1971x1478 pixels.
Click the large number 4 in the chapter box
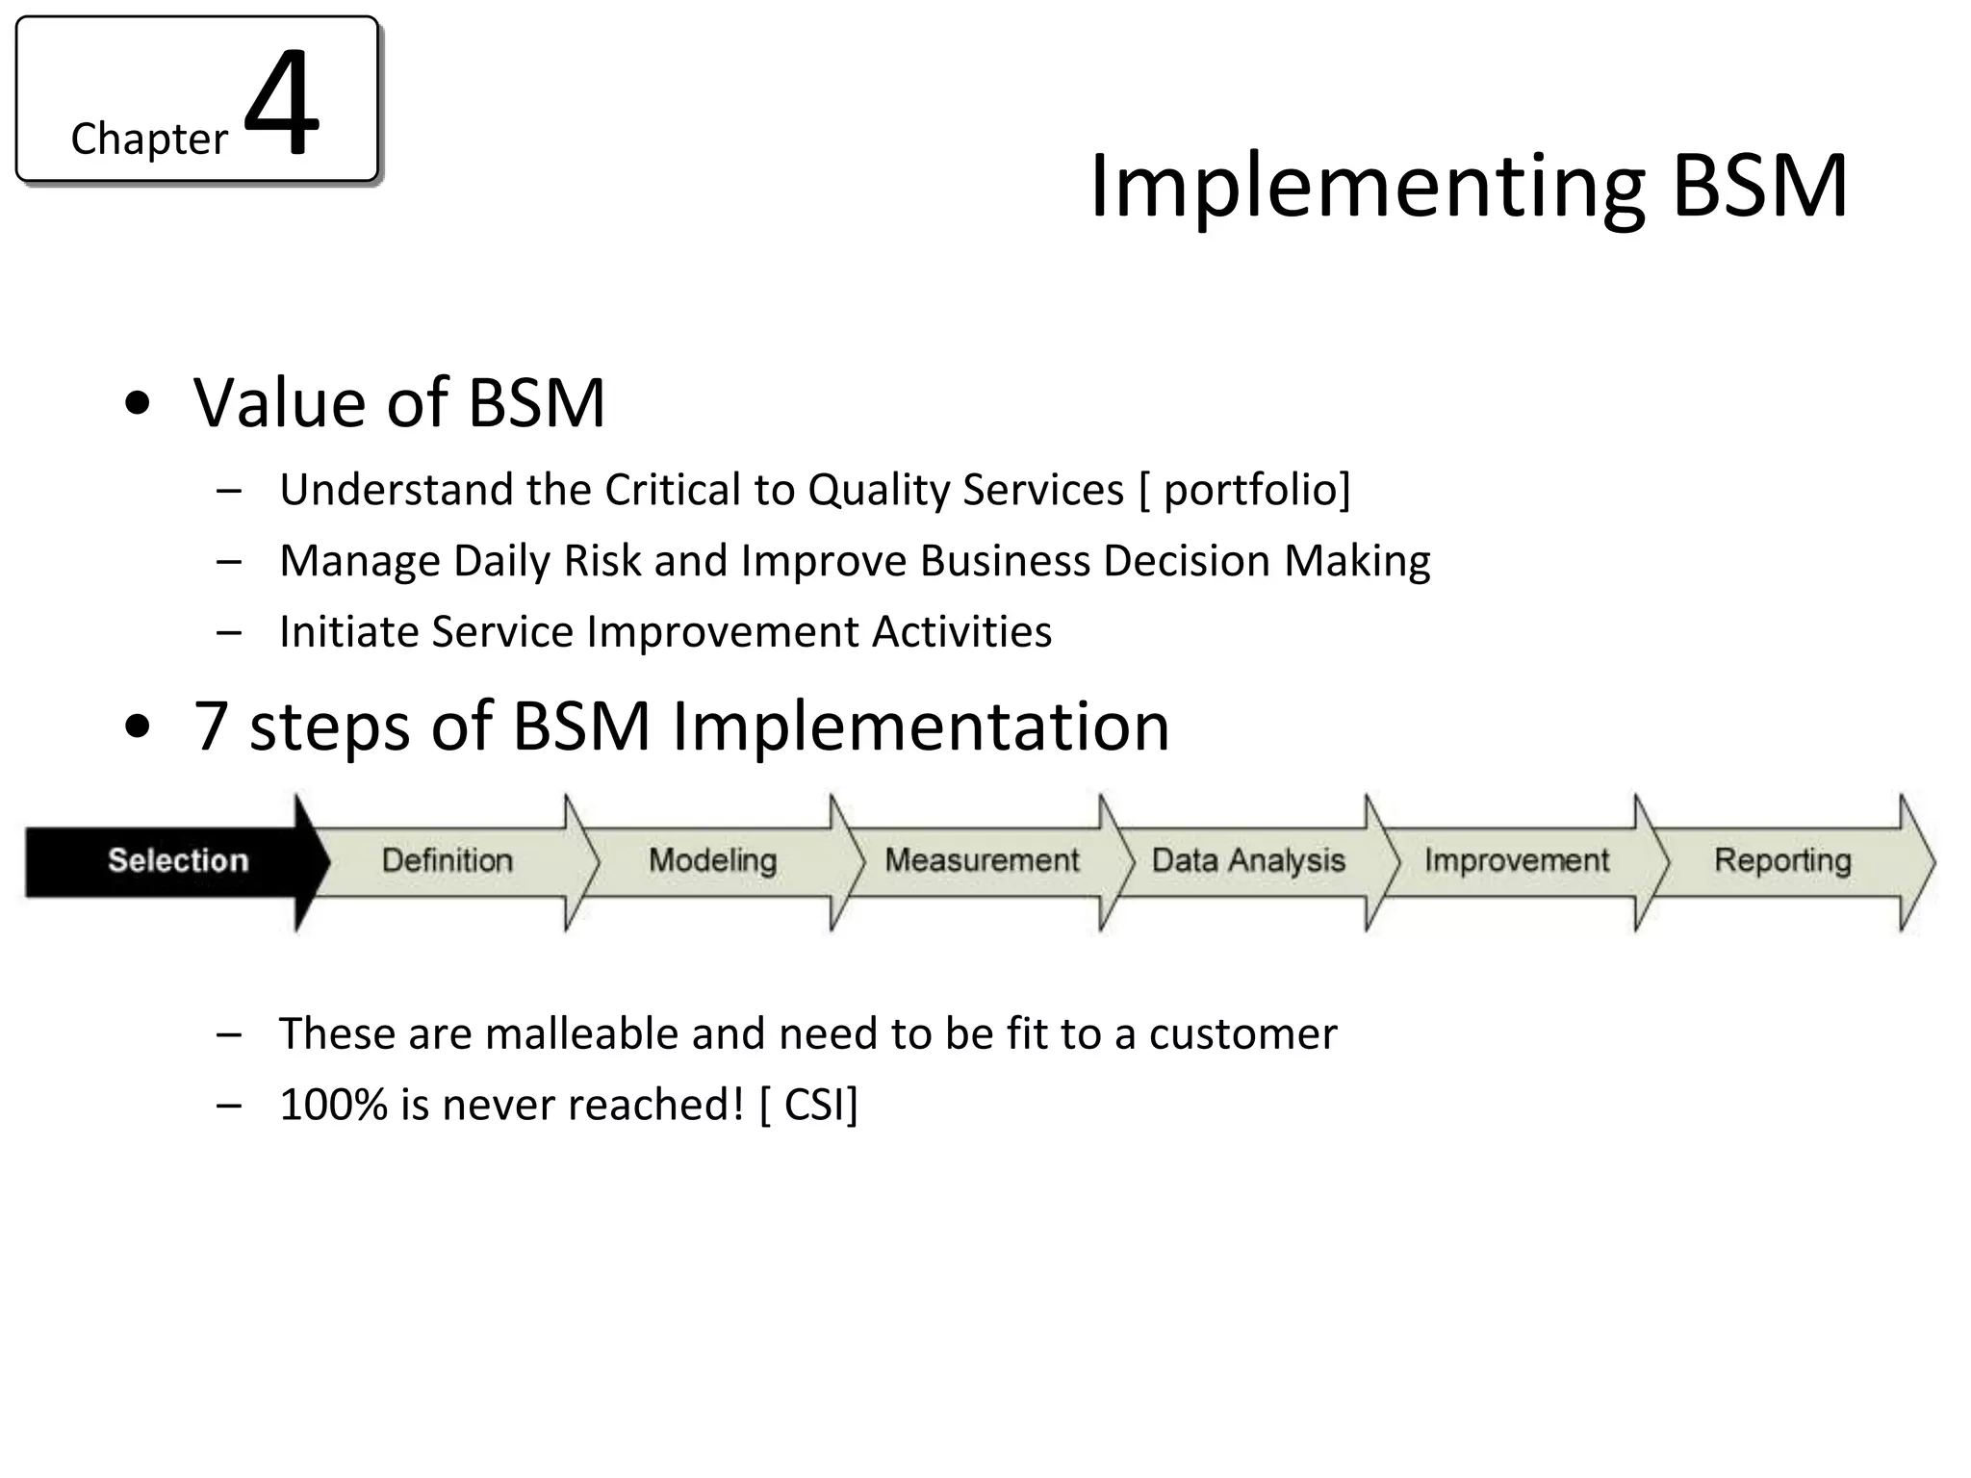click(281, 103)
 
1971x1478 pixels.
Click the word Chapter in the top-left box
click(149, 140)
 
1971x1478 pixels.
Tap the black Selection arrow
click(178, 860)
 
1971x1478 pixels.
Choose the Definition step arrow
click(447, 860)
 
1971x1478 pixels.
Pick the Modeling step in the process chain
click(712, 860)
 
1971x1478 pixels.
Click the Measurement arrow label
click(982, 860)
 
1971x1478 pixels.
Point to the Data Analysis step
click(1248, 860)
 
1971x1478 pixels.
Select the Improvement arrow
click(1517, 860)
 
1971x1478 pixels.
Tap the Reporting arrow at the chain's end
click(1782, 860)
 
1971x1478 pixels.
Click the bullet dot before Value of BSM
click(138, 404)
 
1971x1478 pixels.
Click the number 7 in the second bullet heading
click(211, 726)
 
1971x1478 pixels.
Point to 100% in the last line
click(333, 1105)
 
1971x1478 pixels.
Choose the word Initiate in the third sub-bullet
click(348, 632)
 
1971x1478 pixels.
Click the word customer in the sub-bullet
click(1242, 1034)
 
